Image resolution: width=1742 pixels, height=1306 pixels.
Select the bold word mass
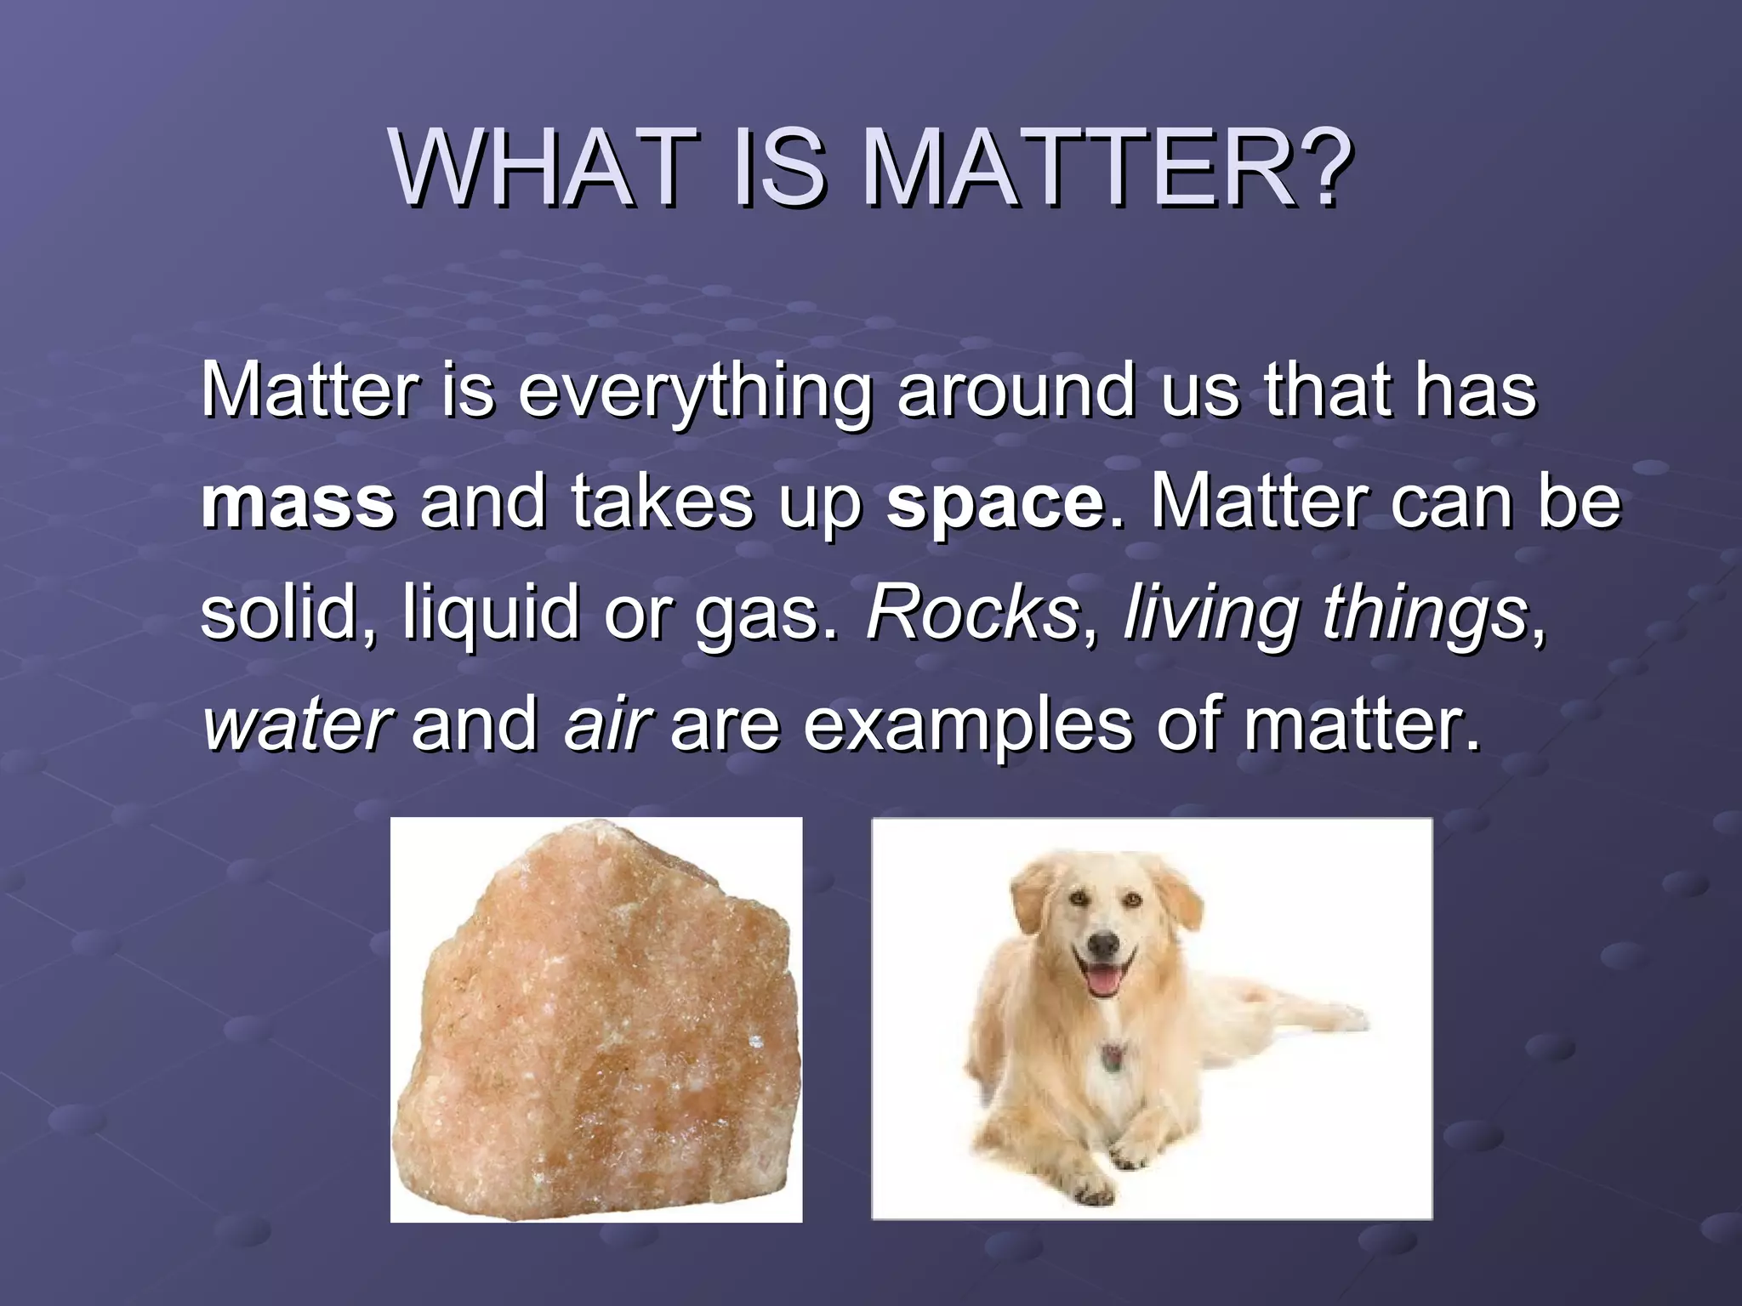(x=298, y=503)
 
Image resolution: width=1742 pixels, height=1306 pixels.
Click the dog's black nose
(x=1103, y=943)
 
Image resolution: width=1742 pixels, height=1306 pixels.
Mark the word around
(x=1016, y=391)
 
